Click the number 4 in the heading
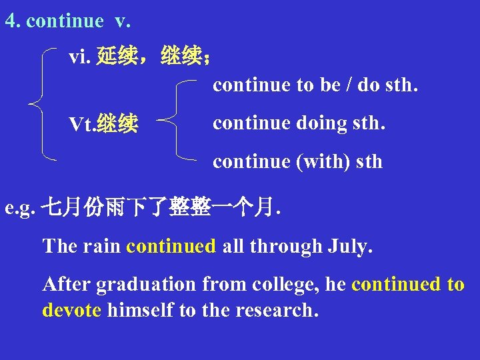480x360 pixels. pyautogui.click(x=10, y=21)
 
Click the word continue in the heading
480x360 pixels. pyautogui.click(x=65, y=21)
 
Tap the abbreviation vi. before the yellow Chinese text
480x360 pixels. pyautogui.click(x=80, y=57)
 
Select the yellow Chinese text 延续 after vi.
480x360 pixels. pyautogui.click(x=117, y=57)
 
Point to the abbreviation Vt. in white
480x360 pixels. pyautogui.click(x=82, y=124)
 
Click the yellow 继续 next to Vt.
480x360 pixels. pyautogui.click(x=117, y=124)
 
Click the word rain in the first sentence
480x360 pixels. pyautogui.click(x=102, y=246)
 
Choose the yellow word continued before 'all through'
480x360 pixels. pyautogui.click(x=171, y=246)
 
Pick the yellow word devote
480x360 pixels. pyautogui.click(x=71, y=310)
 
